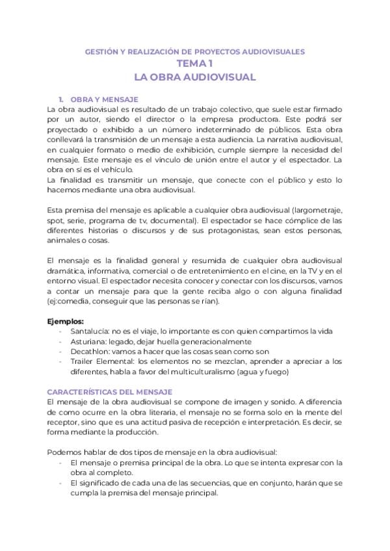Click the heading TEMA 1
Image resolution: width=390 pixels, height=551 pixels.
(x=194, y=64)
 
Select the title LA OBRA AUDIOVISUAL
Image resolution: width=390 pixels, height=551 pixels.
(x=194, y=77)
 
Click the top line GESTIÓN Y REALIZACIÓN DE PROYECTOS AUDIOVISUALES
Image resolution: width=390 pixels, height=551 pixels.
(x=195, y=51)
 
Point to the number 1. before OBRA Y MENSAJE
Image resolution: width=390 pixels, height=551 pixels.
(x=60, y=99)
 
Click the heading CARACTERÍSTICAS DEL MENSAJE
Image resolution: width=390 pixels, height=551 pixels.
(x=110, y=392)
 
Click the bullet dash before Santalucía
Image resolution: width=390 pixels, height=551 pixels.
(x=60, y=331)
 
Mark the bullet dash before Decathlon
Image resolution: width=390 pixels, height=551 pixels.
(x=60, y=352)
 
